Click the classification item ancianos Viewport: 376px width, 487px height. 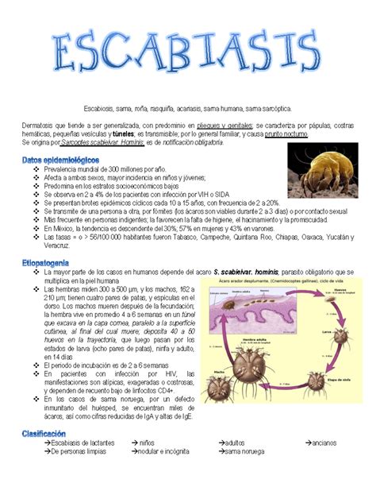pyautogui.click(x=321, y=443)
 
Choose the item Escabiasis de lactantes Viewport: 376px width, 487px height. pyautogui.click(x=82, y=443)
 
